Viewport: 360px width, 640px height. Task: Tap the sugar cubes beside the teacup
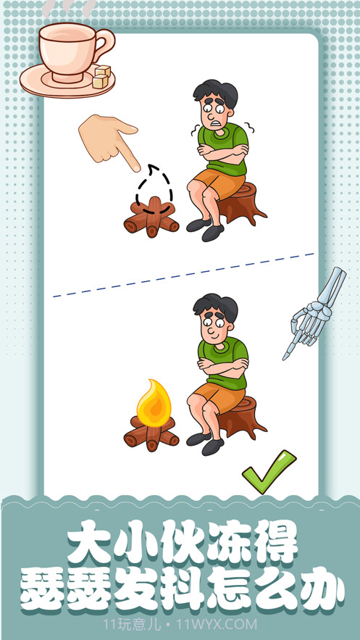pyautogui.click(x=101, y=77)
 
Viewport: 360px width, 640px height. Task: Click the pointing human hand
pyautogui.click(x=109, y=139)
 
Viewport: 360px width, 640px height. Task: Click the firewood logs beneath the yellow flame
pyautogui.click(x=151, y=435)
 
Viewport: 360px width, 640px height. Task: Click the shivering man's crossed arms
pyautogui.click(x=224, y=150)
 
